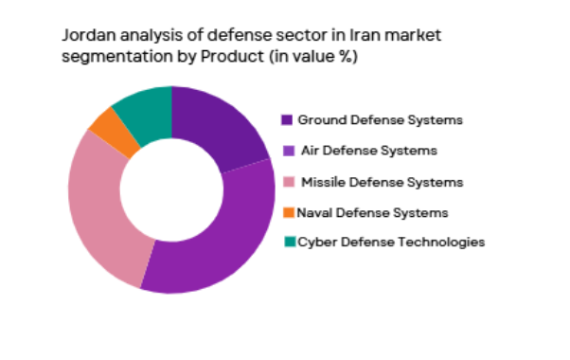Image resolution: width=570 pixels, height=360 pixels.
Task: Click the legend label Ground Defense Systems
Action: coord(380,120)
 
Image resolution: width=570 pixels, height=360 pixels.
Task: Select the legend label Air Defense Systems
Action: coord(368,151)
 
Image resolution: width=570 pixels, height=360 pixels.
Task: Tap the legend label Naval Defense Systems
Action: coord(372,211)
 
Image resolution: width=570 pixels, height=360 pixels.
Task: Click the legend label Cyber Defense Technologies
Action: coord(391,242)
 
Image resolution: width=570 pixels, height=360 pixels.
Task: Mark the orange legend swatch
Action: coord(289,212)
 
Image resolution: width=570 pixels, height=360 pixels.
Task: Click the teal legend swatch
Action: coord(289,243)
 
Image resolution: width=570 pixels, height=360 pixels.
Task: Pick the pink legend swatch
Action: coord(289,181)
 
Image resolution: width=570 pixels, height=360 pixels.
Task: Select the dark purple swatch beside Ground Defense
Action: coord(287,120)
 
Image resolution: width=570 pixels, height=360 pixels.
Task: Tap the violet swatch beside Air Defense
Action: coord(288,151)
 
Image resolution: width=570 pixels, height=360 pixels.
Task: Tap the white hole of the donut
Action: coord(171,189)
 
